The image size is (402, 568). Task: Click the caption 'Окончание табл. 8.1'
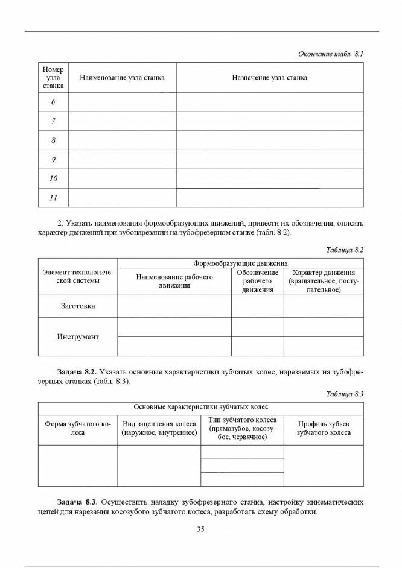[331, 54]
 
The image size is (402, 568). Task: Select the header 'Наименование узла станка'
[122, 78]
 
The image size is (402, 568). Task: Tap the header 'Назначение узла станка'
[269, 78]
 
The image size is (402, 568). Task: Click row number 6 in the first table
[53, 103]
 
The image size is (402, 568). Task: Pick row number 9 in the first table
[53, 160]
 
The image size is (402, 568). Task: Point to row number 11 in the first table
[53, 198]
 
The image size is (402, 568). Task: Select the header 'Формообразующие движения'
[240, 263]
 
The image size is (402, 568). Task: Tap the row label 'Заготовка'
[78, 306]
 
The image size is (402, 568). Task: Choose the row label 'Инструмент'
[78, 336]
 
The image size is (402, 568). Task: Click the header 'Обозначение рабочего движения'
[258, 281]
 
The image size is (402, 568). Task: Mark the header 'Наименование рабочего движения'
[174, 281]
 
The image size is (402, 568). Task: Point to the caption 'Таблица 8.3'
[345, 394]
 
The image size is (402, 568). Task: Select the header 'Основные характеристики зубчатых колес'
[200, 407]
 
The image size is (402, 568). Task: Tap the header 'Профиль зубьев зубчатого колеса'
[324, 428]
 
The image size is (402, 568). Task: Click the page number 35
[201, 529]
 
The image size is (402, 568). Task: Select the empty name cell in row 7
[122, 122]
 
